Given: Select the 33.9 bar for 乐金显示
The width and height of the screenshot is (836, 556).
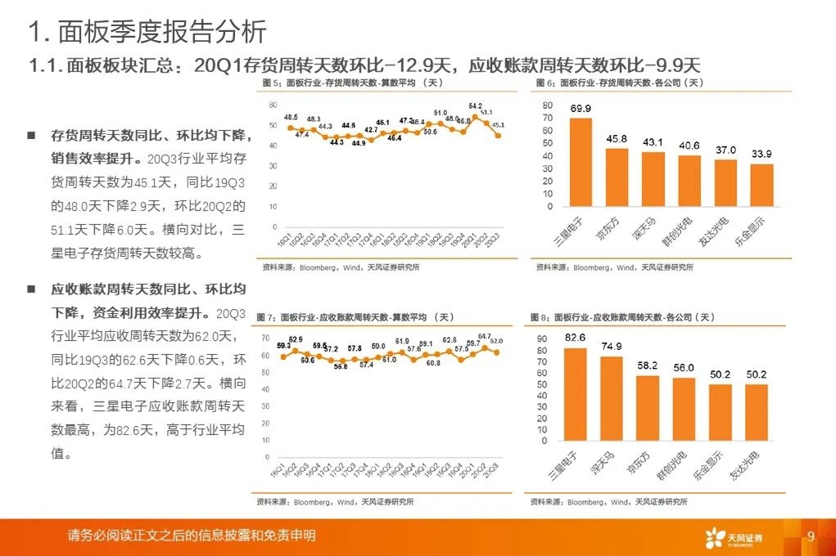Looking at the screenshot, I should coord(761,186).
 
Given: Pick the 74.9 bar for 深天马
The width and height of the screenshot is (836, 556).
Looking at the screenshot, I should coord(611,398).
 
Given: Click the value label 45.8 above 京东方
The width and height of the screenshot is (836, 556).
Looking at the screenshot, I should coord(617,139).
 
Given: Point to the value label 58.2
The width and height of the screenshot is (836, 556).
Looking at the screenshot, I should coord(647,365).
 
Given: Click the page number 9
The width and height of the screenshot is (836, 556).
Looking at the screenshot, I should coord(811,536).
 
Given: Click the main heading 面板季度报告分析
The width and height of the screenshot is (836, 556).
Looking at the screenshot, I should coord(147,33).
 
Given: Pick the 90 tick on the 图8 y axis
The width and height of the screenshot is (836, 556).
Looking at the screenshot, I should coord(543,339).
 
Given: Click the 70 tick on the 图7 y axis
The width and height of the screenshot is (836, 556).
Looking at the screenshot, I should coord(265,338).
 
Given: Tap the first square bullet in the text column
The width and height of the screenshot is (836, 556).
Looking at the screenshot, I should coord(31,134).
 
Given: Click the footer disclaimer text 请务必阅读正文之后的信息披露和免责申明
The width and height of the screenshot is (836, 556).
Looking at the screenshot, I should coord(192,536).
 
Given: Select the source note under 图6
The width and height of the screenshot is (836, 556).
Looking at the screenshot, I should coord(614,267).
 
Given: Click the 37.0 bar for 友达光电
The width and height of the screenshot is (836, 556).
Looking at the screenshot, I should coord(726,185).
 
